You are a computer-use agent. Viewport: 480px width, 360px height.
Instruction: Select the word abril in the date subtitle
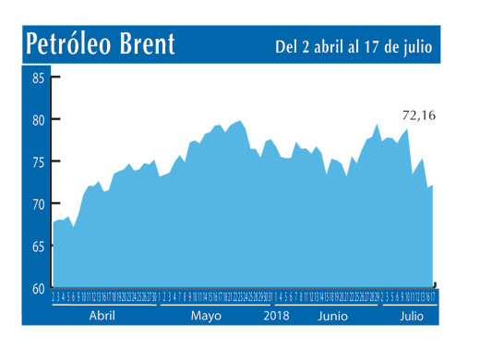tap(331, 45)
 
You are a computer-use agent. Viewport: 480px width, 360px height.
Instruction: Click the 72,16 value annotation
tap(418, 115)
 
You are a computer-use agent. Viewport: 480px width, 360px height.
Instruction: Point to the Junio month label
tap(332, 316)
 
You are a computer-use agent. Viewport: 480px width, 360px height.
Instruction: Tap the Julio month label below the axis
tap(412, 316)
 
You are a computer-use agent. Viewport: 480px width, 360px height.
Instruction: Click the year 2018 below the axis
tap(276, 316)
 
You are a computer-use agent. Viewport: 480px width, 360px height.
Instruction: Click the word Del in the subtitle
tap(286, 45)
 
